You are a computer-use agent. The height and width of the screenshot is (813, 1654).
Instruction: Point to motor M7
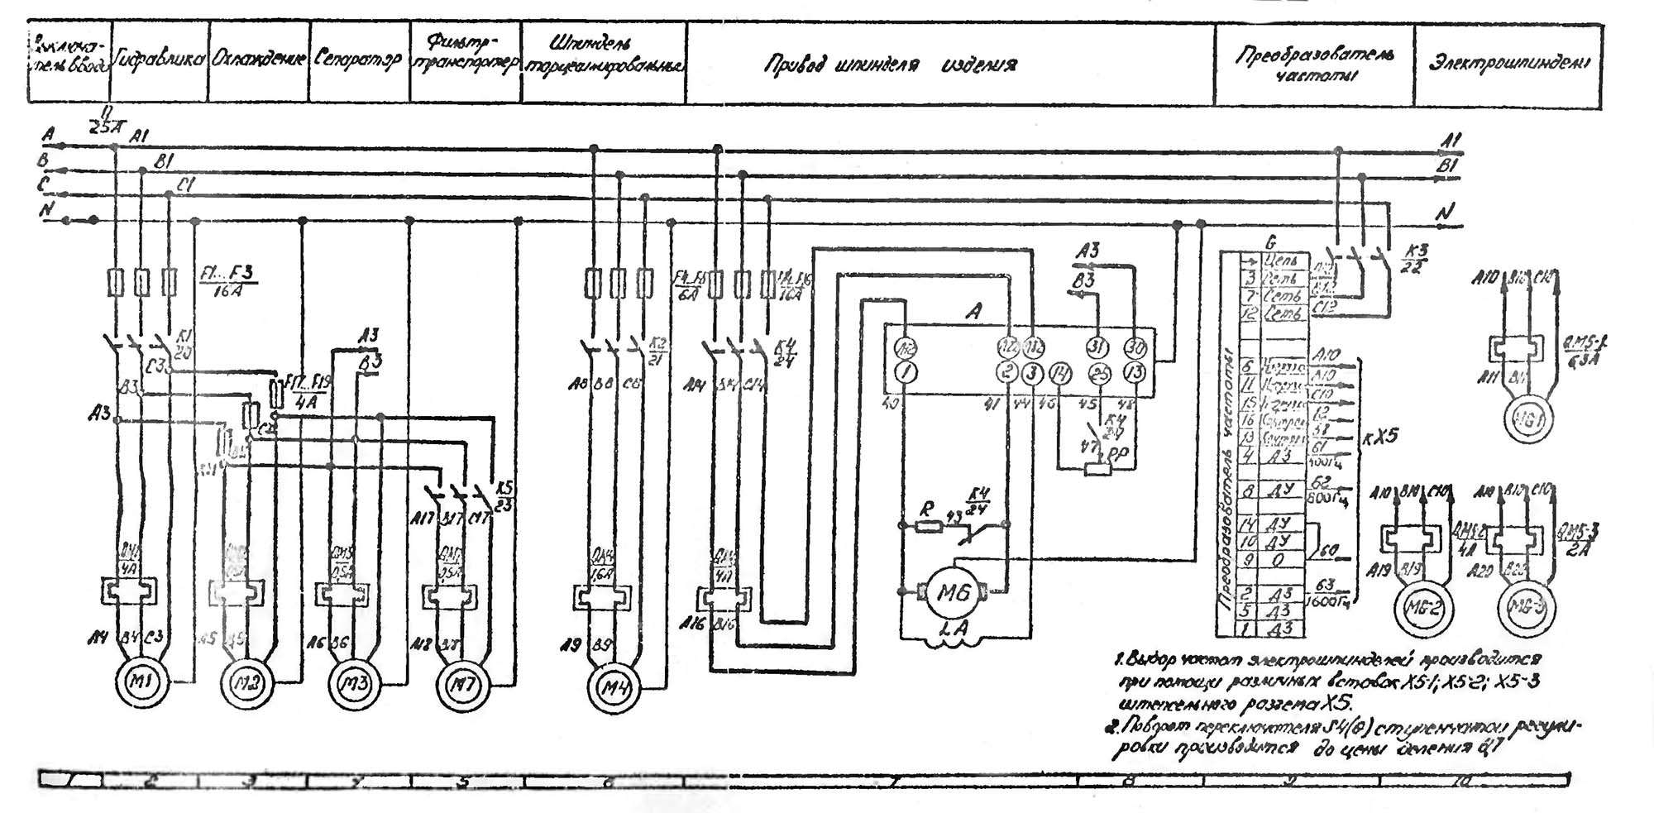(463, 684)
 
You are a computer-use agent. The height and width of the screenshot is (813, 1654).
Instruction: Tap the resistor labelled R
(929, 525)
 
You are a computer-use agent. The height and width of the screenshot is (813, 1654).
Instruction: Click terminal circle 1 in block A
(906, 373)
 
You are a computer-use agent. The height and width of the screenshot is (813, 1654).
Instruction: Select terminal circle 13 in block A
(1135, 373)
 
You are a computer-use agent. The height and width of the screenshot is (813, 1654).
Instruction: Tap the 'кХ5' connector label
(1377, 435)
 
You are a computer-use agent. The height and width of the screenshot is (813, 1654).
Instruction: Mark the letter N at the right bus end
(1444, 213)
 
